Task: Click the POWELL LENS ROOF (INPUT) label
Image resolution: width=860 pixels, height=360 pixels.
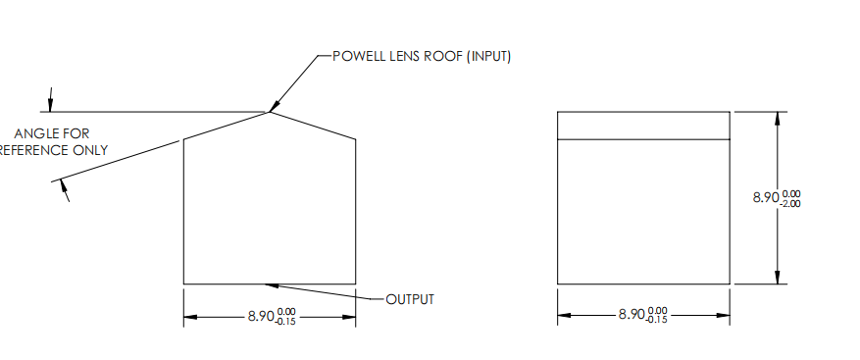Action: (x=422, y=56)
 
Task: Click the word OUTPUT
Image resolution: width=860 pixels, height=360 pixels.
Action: (x=410, y=299)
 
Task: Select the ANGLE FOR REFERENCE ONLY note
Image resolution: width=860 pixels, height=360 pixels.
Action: (x=54, y=141)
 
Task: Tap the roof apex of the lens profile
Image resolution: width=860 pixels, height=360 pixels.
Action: (x=270, y=111)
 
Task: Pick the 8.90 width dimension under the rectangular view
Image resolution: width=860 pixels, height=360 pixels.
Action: (x=632, y=316)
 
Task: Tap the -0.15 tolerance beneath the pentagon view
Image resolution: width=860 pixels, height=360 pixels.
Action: (x=285, y=322)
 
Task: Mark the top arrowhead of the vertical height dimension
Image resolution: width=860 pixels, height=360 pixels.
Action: (x=778, y=118)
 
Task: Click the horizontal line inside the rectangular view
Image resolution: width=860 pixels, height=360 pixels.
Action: (x=643, y=140)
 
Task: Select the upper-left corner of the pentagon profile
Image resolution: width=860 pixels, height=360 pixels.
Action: (x=184, y=139)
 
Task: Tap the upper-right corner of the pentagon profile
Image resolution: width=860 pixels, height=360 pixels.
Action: (x=355, y=139)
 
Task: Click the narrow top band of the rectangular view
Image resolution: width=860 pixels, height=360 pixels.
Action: (x=643, y=126)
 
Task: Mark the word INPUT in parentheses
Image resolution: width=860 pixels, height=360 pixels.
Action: (x=489, y=56)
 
